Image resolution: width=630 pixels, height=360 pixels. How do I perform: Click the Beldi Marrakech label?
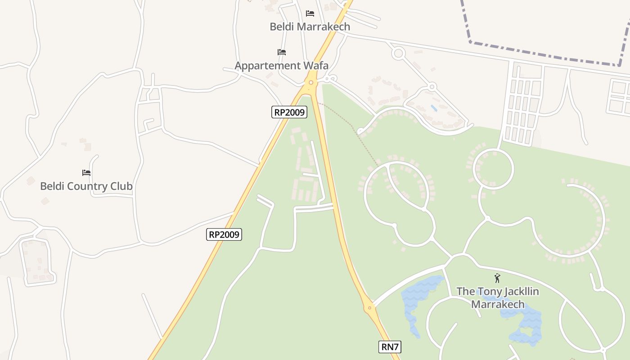[x=310, y=27]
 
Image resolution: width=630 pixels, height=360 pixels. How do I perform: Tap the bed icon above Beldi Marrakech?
[x=310, y=13]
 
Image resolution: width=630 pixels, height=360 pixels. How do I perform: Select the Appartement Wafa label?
[x=281, y=66]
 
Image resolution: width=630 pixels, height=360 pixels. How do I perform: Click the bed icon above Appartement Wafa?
[x=282, y=52]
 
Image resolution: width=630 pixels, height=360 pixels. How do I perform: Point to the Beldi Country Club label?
[x=86, y=186]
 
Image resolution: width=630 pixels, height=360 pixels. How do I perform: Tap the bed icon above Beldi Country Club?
[x=86, y=172]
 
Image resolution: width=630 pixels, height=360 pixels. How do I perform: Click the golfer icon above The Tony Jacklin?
[x=497, y=278]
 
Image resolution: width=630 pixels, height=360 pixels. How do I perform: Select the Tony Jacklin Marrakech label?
[x=497, y=297]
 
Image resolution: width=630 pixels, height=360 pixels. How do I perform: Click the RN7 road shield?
[x=389, y=346]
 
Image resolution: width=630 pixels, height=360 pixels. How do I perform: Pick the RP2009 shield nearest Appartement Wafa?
[x=289, y=112]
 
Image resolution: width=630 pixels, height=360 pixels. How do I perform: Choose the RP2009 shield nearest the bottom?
[x=224, y=234]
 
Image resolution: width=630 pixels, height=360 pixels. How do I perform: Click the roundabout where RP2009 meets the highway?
[x=310, y=82]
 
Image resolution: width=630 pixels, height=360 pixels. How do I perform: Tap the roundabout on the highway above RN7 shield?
[x=369, y=308]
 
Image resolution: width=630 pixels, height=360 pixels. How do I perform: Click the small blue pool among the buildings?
[x=433, y=108]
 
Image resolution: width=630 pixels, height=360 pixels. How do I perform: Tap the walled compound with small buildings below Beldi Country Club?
[x=37, y=261]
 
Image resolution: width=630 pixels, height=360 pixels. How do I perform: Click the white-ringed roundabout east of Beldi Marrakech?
[x=398, y=54]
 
